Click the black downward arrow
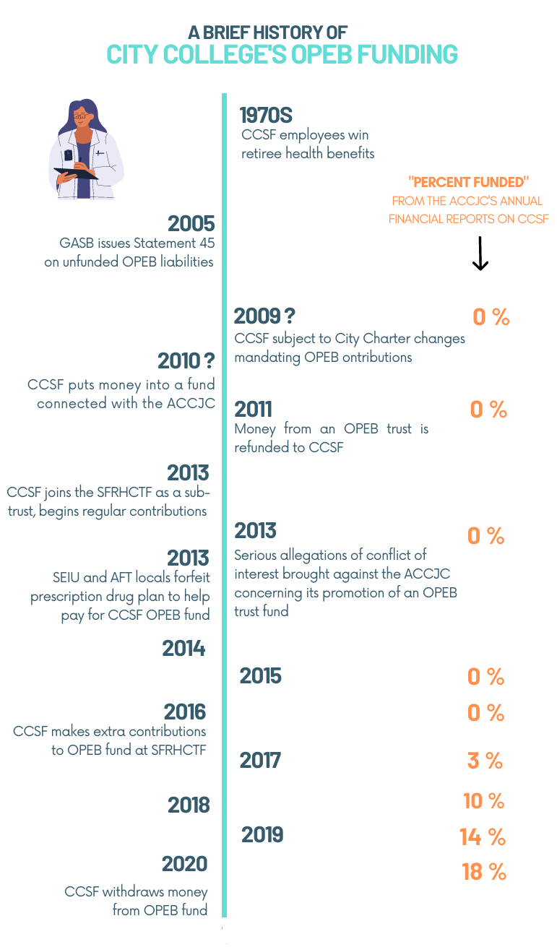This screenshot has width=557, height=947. (480, 253)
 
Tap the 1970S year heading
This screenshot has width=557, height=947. (266, 115)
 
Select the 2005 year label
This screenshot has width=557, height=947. (191, 222)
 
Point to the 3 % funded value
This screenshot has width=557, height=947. (485, 761)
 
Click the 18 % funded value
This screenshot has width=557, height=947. (484, 872)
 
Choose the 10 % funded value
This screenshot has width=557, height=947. (483, 800)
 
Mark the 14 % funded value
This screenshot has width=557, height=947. (483, 837)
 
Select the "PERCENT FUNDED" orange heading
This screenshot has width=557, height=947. (469, 182)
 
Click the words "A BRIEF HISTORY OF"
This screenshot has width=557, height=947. (267, 33)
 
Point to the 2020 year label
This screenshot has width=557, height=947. (185, 864)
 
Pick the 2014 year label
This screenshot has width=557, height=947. (184, 649)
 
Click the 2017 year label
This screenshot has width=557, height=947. (260, 760)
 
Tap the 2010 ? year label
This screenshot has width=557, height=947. (186, 360)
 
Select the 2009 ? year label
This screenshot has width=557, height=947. (264, 316)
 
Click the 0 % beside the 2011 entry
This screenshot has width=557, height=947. (489, 410)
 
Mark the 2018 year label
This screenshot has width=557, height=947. (189, 805)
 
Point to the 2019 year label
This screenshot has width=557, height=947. (262, 835)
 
